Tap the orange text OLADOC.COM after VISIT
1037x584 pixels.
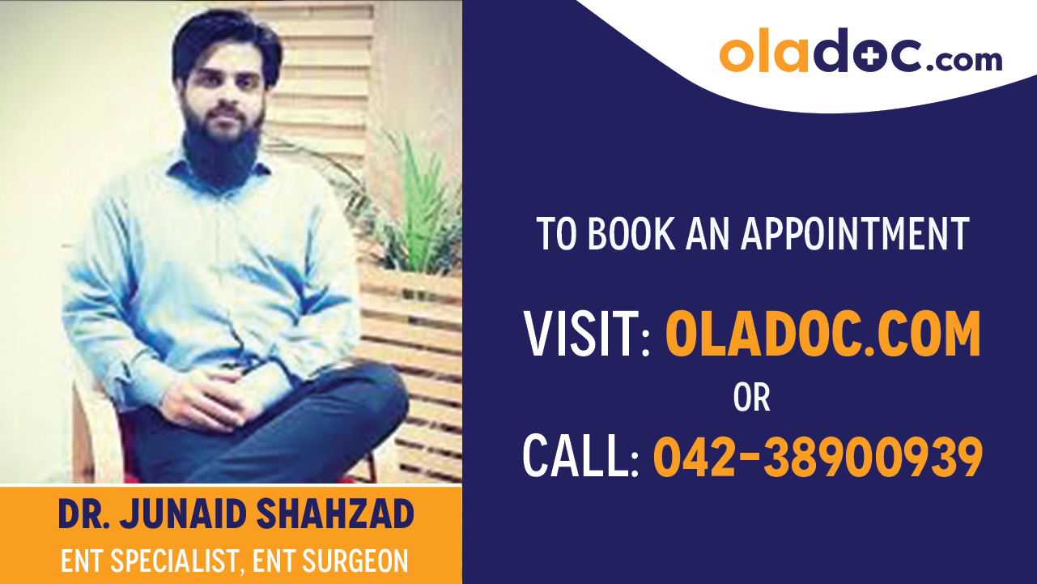(822, 335)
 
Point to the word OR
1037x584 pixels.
(751, 398)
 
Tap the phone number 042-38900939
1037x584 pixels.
(818, 456)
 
